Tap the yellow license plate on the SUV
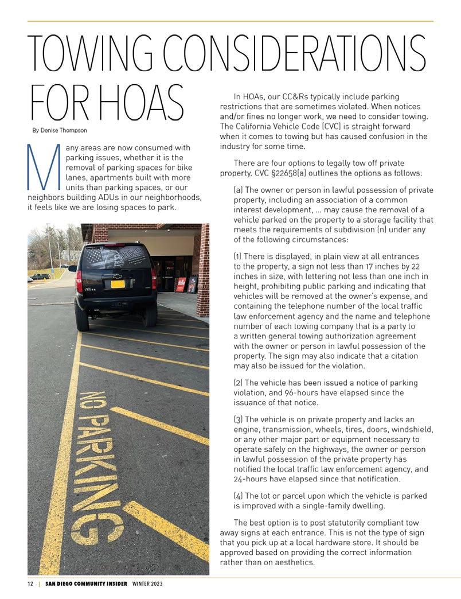tap(117, 283)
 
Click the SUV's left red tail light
tap(79, 281)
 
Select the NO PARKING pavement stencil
tap(100, 465)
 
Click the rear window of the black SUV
tap(115, 257)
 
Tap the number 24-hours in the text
tap(251, 479)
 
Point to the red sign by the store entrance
tap(181, 284)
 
